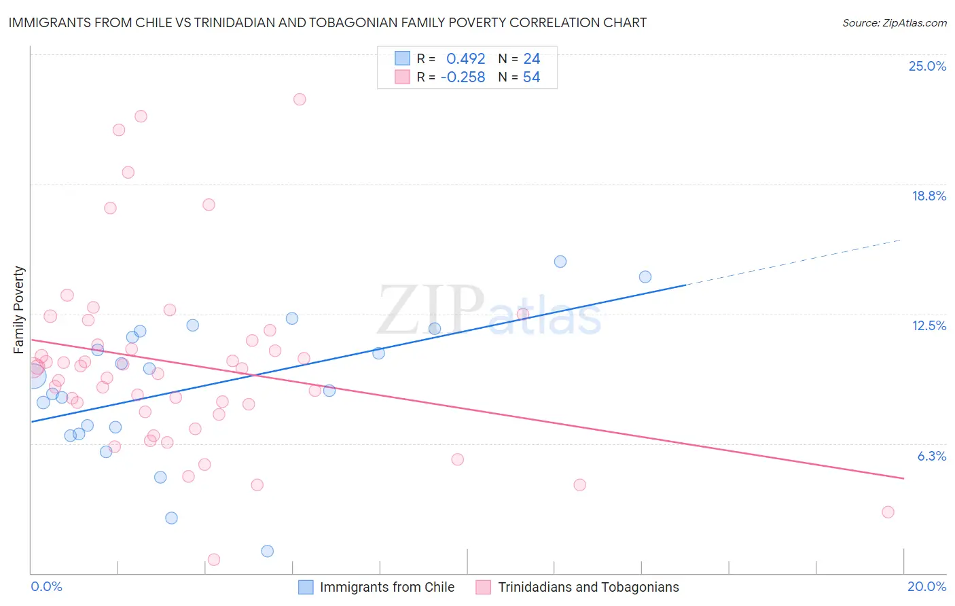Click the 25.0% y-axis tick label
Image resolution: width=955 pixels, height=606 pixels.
point(927,66)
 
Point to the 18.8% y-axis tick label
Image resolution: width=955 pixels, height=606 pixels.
point(929,196)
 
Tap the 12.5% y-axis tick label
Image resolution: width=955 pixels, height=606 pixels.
point(929,325)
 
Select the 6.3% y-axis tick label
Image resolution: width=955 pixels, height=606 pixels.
point(931,456)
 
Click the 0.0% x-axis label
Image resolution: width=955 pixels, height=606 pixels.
point(46,586)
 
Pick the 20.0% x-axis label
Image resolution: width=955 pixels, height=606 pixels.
point(926,586)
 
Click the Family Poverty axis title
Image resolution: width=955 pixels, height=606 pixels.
point(19,310)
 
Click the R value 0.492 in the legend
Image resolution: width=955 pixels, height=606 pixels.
point(465,59)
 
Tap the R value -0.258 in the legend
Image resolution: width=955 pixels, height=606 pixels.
point(463,77)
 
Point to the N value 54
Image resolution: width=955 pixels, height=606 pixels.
point(531,77)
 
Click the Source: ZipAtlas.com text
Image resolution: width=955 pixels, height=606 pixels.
point(894,23)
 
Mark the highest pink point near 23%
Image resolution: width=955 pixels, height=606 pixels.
point(300,99)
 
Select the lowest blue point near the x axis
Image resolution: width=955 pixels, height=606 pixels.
point(268,551)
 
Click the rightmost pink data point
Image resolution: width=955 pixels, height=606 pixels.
point(888,512)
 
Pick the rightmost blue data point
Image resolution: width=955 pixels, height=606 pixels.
point(645,277)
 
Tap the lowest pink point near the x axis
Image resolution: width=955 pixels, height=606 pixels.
point(214,560)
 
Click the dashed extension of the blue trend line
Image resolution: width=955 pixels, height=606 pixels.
point(795,262)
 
